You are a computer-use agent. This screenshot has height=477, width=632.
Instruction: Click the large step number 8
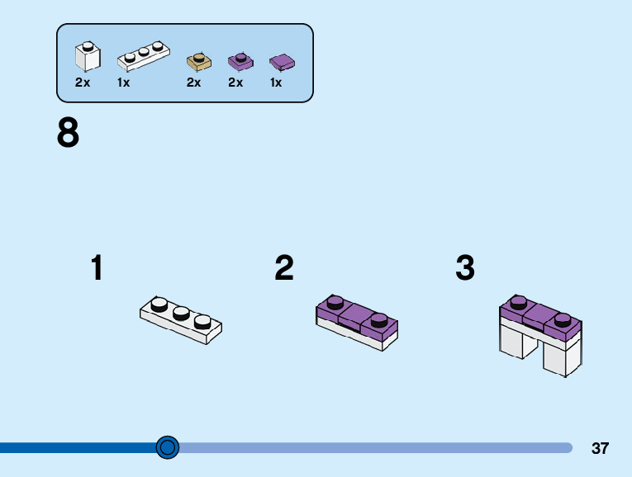click(x=68, y=133)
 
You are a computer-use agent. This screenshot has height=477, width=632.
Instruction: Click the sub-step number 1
click(x=97, y=268)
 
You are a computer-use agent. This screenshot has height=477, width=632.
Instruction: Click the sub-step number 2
click(x=284, y=268)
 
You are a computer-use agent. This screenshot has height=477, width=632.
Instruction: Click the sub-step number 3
click(x=465, y=268)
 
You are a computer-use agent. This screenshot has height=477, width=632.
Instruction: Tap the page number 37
click(x=600, y=449)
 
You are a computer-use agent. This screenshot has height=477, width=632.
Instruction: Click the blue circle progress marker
click(x=168, y=447)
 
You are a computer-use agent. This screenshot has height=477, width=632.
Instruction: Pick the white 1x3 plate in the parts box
click(x=143, y=57)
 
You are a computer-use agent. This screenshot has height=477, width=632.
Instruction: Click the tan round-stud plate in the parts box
click(x=199, y=60)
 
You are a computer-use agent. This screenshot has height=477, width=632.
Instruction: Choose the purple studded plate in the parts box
click(x=240, y=60)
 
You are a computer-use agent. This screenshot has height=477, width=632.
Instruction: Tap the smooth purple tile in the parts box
click(x=282, y=61)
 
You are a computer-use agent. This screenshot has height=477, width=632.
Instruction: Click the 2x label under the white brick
click(x=83, y=83)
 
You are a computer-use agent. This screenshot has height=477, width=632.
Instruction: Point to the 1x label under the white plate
click(x=124, y=83)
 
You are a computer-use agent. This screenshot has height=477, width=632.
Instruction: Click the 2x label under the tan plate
click(x=194, y=83)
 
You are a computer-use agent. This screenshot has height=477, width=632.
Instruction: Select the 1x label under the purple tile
click(x=276, y=83)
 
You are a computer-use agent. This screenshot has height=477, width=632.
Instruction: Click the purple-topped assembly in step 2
click(x=357, y=321)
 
